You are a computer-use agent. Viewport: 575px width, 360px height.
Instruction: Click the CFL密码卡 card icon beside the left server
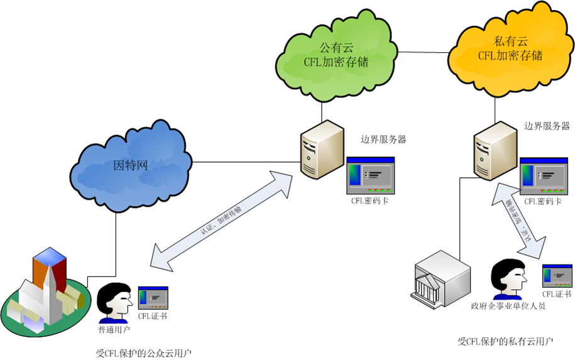click(x=370, y=175)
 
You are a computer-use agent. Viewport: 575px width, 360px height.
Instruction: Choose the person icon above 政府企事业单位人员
click(x=507, y=280)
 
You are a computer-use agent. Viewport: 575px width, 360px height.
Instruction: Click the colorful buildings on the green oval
click(x=44, y=289)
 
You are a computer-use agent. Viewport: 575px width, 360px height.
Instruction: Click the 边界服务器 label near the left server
click(x=383, y=139)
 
